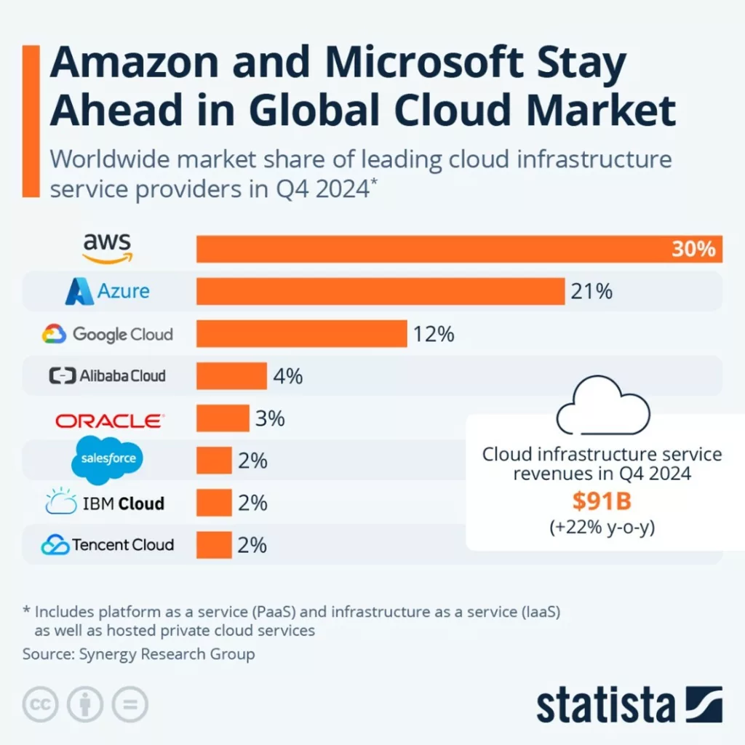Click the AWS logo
coord(107,248)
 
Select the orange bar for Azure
coord(381,291)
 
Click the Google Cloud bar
coord(301,334)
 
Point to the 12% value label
coord(434,334)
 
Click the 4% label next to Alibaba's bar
coord(287,376)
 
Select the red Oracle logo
coord(109,420)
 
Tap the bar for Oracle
coord(223,419)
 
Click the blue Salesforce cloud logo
coord(107,460)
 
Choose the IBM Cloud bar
coord(214,503)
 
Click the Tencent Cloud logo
coord(107,544)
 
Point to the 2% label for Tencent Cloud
coord(252,544)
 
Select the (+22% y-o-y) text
coord(602,527)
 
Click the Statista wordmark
coord(606,704)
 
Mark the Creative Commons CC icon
coord(40,704)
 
